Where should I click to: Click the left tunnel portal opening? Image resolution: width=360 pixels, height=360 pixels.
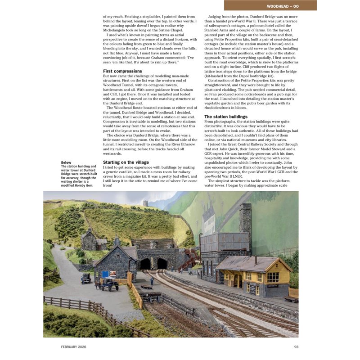[x=145, y=264]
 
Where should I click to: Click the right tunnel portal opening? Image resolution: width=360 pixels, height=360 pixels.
[x=162, y=263]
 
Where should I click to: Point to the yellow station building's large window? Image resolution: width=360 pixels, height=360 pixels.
[x=273, y=277]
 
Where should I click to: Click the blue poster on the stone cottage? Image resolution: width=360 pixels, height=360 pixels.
[x=106, y=274]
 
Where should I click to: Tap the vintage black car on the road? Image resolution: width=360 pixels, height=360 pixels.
[x=86, y=279]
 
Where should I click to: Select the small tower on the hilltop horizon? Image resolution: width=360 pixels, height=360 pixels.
[x=145, y=203]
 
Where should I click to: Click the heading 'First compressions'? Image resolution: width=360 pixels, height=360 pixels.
[x=122, y=71]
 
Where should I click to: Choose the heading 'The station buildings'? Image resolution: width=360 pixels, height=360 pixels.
[x=226, y=117]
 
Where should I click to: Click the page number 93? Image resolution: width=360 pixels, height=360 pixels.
[x=296, y=346]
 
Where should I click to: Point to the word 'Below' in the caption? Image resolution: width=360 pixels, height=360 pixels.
[x=66, y=162]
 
